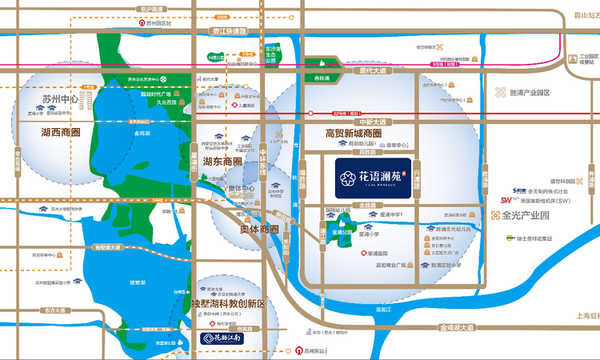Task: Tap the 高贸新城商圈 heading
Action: click(x=354, y=133)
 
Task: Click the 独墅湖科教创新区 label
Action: click(x=228, y=305)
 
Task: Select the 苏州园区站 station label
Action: click(x=159, y=23)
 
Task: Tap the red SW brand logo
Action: click(x=506, y=200)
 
